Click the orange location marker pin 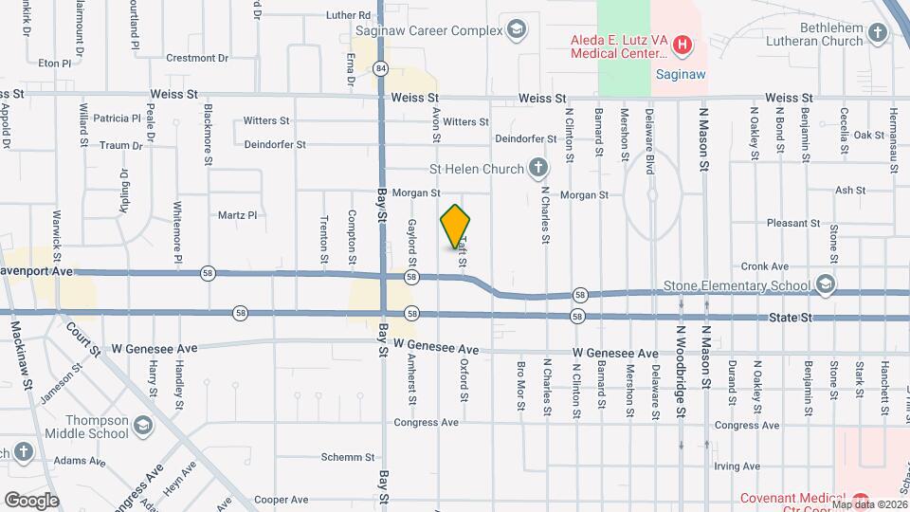(x=456, y=227)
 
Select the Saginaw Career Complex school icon (x=516, y=30)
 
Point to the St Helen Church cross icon (x=538, y=170)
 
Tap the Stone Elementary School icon (x=826, y=284)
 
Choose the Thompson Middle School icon (x=143, y=424)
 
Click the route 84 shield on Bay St (x=380, y=67)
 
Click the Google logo (x=31, y=500)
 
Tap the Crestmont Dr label (x=198, y=58)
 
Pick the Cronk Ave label (x=765, y=266)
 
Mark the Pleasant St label (x=793, y=224)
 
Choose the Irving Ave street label (x=737, y=466)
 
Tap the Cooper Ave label (x=282, y=499)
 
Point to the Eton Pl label (x=55, y=64)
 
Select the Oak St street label (x=868, y=136)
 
